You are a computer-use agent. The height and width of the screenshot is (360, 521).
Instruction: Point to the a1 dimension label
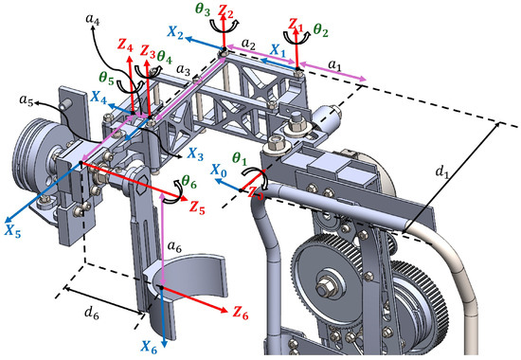335,65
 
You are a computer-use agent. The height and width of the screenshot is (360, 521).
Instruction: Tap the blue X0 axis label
220,171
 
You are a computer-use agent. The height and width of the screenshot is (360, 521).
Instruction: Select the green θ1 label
241,158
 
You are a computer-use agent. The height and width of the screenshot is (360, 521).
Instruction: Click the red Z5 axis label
197,207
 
